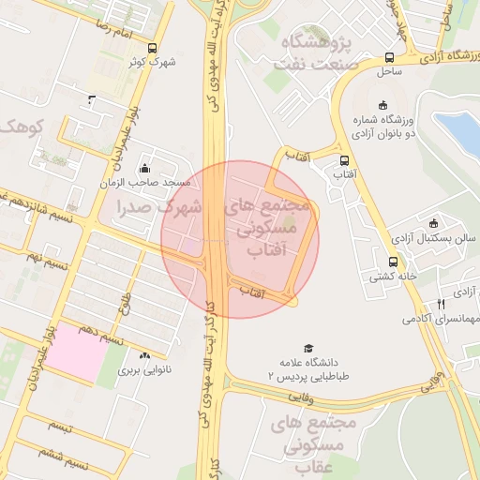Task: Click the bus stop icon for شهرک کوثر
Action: [x=153, y=49]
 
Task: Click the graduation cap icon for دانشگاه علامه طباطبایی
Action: [x=307, y=348]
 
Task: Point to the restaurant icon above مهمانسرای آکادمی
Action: [x=441, y=304]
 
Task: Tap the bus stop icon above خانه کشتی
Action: [x=393, y=262]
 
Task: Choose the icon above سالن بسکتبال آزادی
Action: [x=433, y=223]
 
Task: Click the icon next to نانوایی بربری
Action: [x=144, y=356]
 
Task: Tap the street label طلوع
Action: [x=125, y=302]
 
